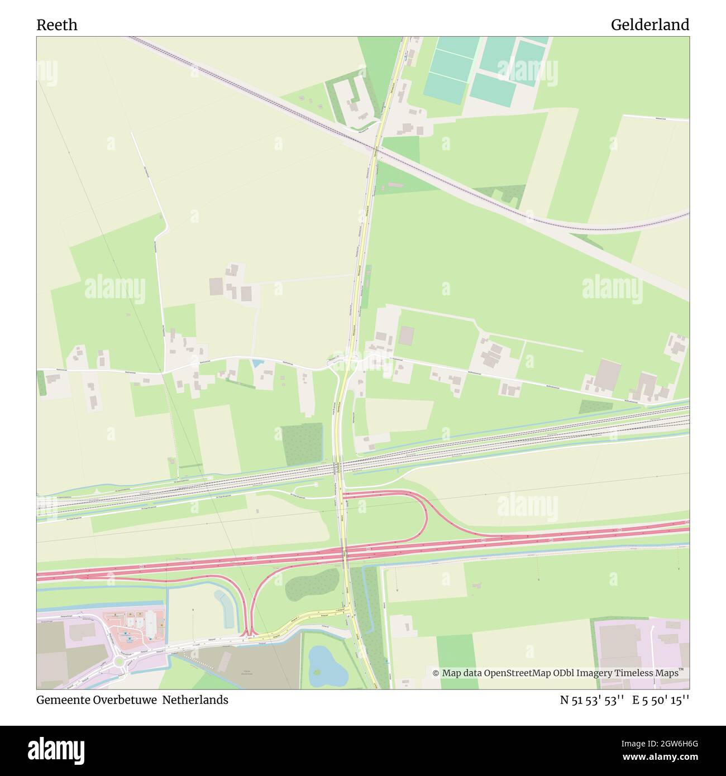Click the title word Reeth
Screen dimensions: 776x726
coord(57,25)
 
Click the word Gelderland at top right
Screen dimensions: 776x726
coord(649,25)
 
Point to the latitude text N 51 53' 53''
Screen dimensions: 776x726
coord(591,700)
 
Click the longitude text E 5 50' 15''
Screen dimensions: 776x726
coord(661,700)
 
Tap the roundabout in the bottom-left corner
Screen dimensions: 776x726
coord(118,662)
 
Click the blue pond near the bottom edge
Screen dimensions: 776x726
coord(327,667)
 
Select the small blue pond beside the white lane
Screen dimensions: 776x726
coord(257,363)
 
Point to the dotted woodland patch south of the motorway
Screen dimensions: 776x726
coord(312,585)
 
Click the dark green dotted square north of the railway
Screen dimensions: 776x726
coord(303,444)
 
